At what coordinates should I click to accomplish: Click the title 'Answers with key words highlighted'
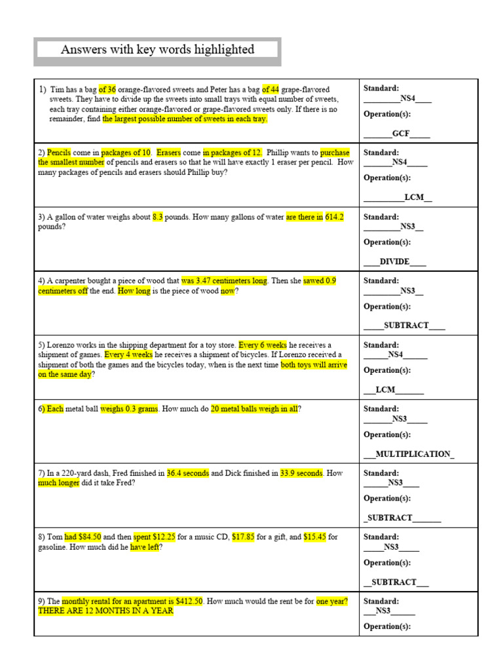click(x=157, y=50)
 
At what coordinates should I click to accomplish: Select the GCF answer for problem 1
click(x=401, y=134)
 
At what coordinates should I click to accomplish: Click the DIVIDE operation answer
click(x=394, y=261)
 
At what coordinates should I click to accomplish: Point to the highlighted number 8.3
click(x=158, y=217)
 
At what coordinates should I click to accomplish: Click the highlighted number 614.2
click(x=334, y=217)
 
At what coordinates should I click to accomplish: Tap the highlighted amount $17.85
click(x=243, y=537)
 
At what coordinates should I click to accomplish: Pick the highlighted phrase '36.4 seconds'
click(x=187, y=472)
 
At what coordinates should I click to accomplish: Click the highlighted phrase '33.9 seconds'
click(x=301, y=472)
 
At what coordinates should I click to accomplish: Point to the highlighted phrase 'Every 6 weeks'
click(x=263, y=345)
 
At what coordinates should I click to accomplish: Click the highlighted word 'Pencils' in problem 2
click(x=59, y=153)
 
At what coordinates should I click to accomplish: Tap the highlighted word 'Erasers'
click(x=168, y=153)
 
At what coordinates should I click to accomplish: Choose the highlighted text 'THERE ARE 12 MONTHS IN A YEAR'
click(x=105, y=611)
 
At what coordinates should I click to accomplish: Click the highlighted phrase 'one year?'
click(x=332, y=601)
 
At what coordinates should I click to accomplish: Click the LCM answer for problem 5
click(x=386, y=389)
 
